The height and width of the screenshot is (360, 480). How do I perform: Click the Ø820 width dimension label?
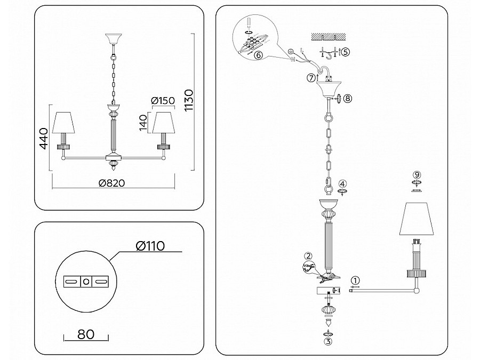pos(112,183)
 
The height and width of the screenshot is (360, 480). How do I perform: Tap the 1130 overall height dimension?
pos(189,100)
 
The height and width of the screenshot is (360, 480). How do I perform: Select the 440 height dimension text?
pos(44,138)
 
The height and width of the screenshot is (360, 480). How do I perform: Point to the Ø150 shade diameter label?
pos(163,100)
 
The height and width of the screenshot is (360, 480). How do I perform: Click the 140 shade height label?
pos(143,122)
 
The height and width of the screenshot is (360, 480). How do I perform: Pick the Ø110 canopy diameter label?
pos(150,245)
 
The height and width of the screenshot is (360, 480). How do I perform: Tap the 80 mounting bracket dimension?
pos(86,334)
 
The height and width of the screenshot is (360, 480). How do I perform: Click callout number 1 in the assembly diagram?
pos(355,280)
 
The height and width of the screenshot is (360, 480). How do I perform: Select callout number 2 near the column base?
pos(308,256)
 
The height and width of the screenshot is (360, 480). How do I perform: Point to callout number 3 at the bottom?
pos(328,342)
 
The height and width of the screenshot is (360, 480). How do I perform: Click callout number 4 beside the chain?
pos(343,184)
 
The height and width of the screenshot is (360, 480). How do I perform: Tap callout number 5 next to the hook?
pos(345,52)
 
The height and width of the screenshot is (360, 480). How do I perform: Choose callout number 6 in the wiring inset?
pos(259,55)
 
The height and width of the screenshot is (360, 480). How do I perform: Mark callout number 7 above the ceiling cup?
pos(311,78)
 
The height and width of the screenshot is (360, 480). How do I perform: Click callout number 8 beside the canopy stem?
pos(347,99)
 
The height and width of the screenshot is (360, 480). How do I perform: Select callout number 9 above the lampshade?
pos(417,175)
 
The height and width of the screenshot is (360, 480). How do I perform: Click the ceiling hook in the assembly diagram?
pos(329,55)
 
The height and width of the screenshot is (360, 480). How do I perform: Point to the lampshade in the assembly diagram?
pos(417,219)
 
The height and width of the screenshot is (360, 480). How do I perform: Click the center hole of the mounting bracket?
pos(86,281)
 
